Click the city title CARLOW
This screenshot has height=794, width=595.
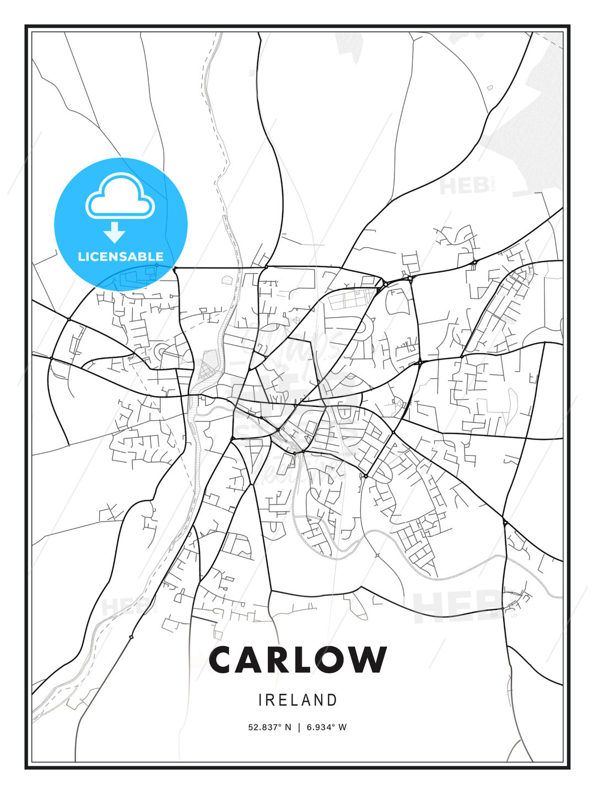[297, 659]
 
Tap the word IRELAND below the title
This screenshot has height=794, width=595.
[297, 700]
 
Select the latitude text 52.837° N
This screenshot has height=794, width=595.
[269, 727]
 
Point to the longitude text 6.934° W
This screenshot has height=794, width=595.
[327, 727]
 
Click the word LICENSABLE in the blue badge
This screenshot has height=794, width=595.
[121, 256]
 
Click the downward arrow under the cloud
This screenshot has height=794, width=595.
[115, 233]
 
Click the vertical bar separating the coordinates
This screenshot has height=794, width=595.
[299, 727]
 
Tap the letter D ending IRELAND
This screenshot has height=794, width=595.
[332, 700]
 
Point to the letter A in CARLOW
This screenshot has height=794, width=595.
[251, 659]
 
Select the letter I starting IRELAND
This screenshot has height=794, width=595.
[260, 700]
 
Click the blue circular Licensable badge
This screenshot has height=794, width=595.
[121, 224]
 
